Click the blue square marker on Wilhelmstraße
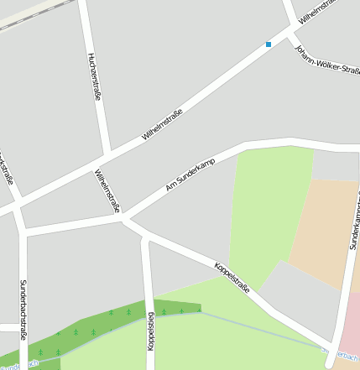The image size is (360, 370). click(269, 44)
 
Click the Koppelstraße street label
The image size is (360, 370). click(232, 278)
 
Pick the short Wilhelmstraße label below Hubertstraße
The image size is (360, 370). click(108, 191)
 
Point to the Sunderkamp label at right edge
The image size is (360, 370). click(353, 227)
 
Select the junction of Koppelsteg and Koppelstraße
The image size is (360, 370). click(146, 236)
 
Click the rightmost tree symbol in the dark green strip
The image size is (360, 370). click(200, 310)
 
